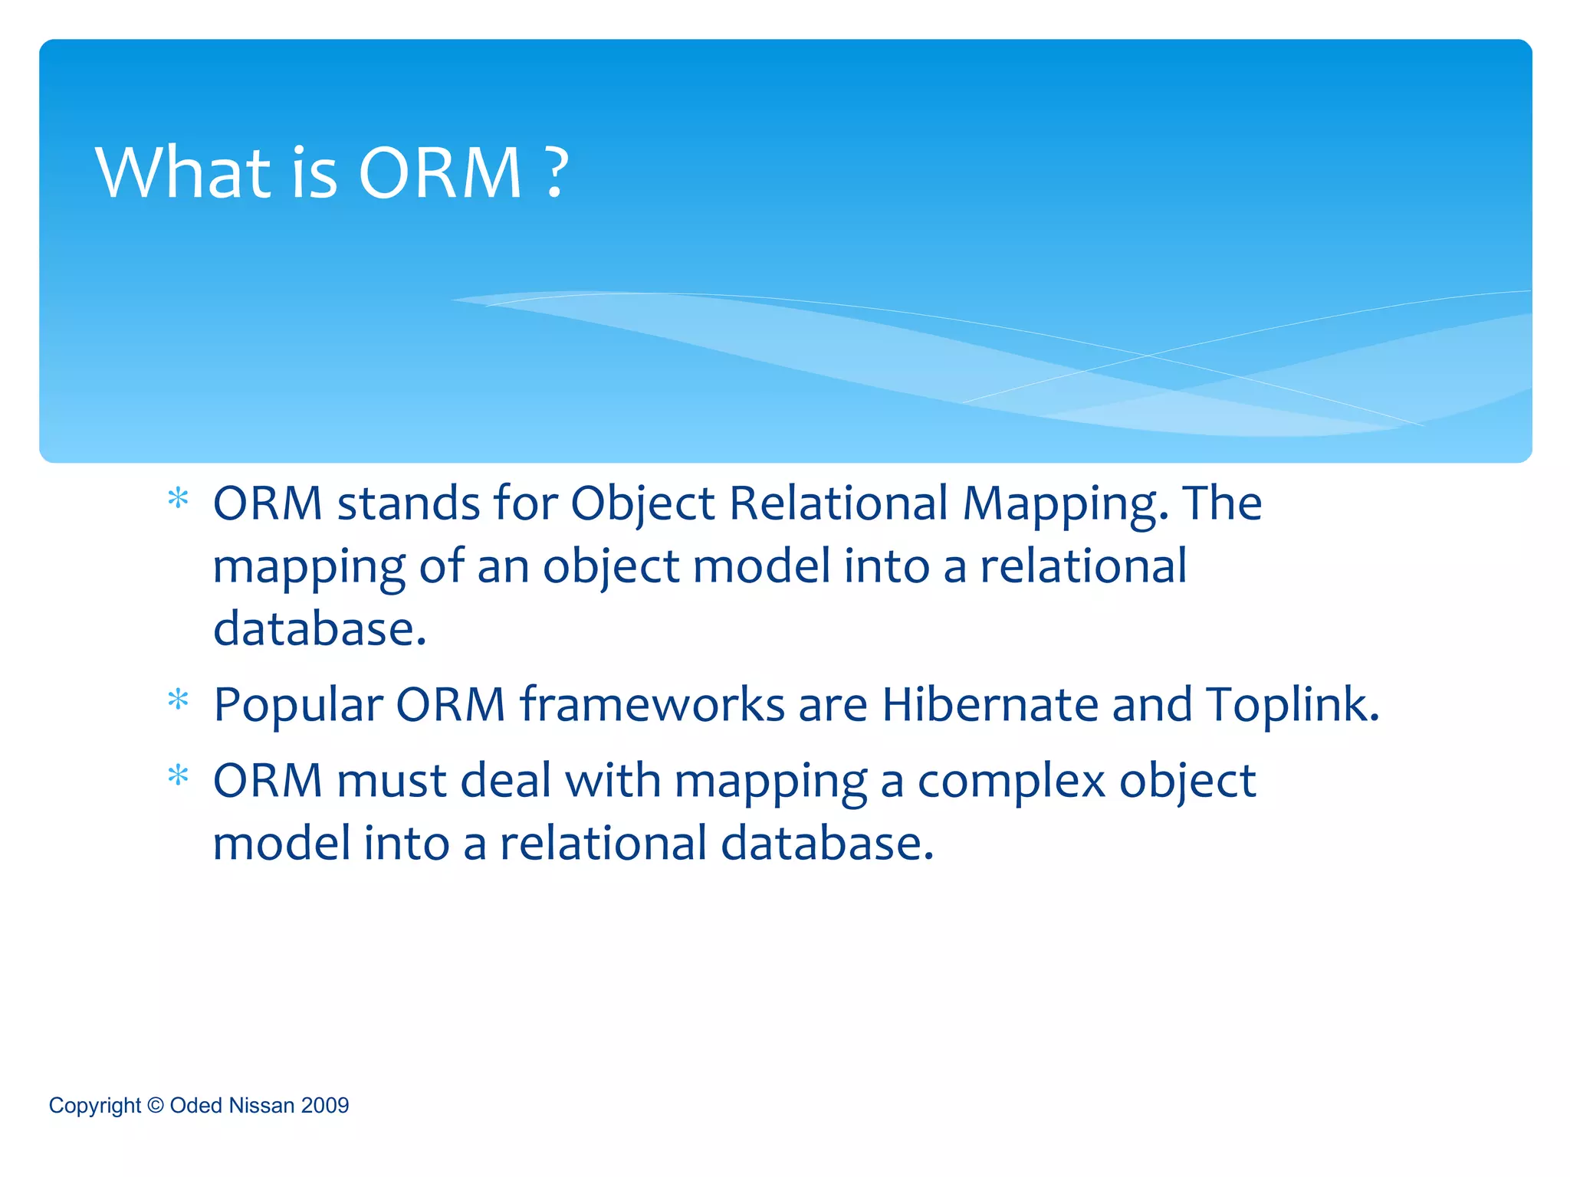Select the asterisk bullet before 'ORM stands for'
[x=178, y=500]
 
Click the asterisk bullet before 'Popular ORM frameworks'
[x=178, y=700]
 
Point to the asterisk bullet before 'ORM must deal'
[x=178, y=776]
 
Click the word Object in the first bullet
[x=642, y=506]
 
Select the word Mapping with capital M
[x=1065, y=506]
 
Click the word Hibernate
[x=990, y=704]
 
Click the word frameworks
[x=652, y=704]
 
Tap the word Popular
[x=298, y=706]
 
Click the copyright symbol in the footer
[x=156, y=1106]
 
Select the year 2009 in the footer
[x=325, y=1106]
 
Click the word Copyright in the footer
[x=95, y=1107]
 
